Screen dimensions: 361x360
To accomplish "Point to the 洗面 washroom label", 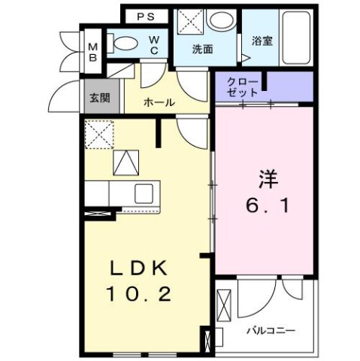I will tap(203, 50).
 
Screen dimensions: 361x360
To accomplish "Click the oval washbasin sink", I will tap(222, 22).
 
